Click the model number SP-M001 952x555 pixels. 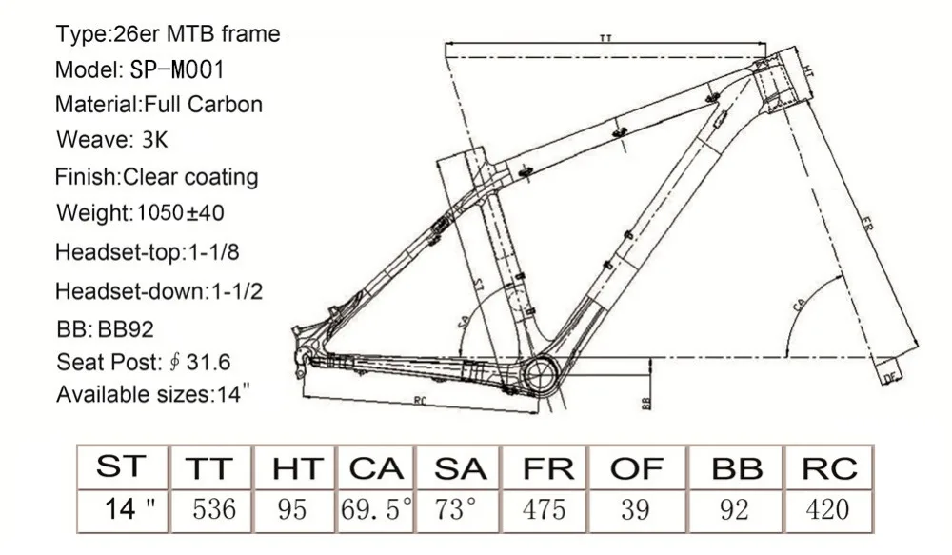pyautogui.click(x=177, y=69)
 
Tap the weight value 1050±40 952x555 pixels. pyautogui.click(x=180, y=212)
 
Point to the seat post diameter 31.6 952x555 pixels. pyautogui.click(x=208, y=363)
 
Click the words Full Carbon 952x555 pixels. pyautogui.click(x=203, y=105)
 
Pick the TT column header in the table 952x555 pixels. pyautogui.click(x=208, y=468)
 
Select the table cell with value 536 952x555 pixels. pyautogui.click(x=213, y=509)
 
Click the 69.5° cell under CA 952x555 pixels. pyautogui.click(x=376, y=509)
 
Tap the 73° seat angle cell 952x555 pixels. pyautogui.click(x=456, y=509)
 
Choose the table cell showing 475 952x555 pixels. pyautogui.click(x=544, y=509)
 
